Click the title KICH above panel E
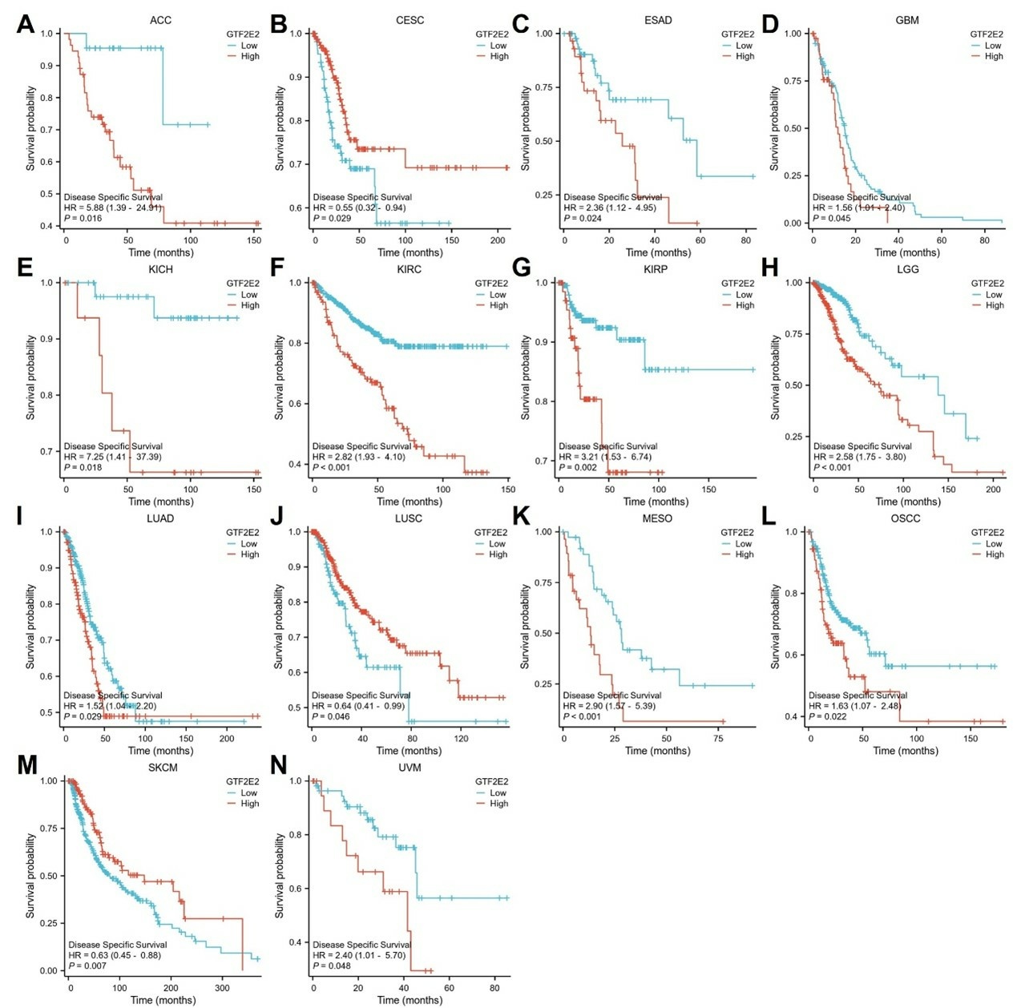click(x=160, y=269)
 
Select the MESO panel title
click(x=657, y=518)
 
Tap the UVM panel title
click(x=409, y=768)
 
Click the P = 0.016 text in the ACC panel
click(x=83, y=218)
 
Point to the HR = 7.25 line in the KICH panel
click(x=112, y=457)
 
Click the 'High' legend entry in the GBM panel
click(x=994, y=56)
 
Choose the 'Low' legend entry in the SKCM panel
click(x=250, y=793)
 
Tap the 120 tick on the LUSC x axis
click(x=461, y=738)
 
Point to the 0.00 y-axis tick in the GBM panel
click(x=792, y=224)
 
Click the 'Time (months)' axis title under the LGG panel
click(x=906, y=502)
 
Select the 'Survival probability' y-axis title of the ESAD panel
click(x=526, y=129)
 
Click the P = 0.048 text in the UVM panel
click(x=333, y=966)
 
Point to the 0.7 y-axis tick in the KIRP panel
click(x=542, y=462)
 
